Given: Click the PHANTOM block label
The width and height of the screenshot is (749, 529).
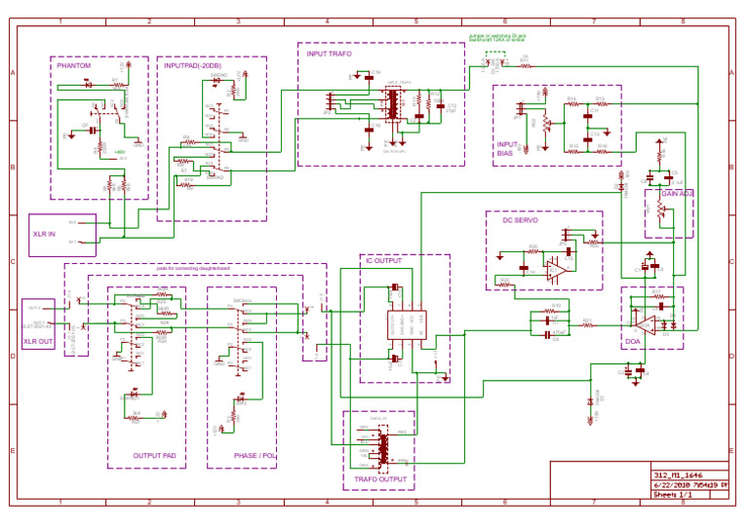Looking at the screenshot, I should click(x=75, y=66).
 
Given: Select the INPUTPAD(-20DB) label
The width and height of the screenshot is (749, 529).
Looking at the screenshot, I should click(x=193, y=66).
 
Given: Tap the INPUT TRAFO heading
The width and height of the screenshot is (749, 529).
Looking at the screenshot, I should click(x=330, y=54).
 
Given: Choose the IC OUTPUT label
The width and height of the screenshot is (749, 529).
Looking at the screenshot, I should click(x=382, y=261).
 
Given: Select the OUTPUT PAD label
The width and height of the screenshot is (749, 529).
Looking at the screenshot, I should click(x=154, y=455).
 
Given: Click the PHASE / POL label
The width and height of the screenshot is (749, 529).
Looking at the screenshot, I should click(x=255, y=455).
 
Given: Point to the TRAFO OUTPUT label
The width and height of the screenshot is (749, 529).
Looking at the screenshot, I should click(x=378, y=479).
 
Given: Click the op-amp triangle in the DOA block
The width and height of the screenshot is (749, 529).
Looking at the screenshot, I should click(x=645, y=321).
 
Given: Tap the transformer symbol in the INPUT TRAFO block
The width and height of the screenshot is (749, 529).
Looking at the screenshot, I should click(x=393, y=105).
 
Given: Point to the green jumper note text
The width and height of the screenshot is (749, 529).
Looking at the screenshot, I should click(x=497, y=37).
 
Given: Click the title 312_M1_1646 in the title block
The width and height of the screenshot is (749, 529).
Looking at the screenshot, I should click(x=672, y=474).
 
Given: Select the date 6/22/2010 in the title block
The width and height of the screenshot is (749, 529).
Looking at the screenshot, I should click(x=672, y=484).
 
